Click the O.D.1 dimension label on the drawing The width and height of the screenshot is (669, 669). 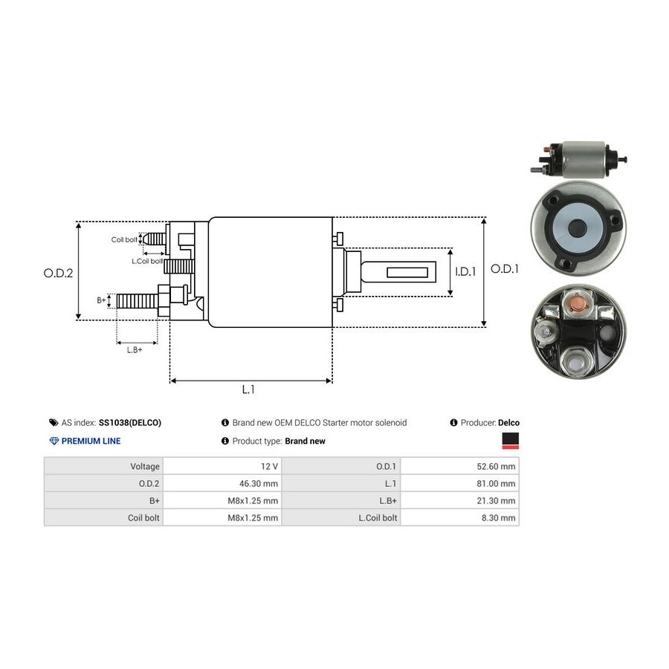coord(505,269)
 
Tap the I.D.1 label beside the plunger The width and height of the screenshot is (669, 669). coord(465,272)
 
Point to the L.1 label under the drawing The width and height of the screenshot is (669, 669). coord(248,389)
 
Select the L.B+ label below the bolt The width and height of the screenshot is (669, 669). coord(135,349)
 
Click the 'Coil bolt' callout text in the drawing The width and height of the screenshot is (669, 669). coord(124,240)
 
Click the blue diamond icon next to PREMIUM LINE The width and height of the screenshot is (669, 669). coord(54,441)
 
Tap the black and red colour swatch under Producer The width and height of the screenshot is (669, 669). coord(511,441)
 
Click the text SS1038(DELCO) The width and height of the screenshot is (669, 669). coord(129,423)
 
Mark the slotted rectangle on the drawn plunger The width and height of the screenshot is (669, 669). coord(410,273)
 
